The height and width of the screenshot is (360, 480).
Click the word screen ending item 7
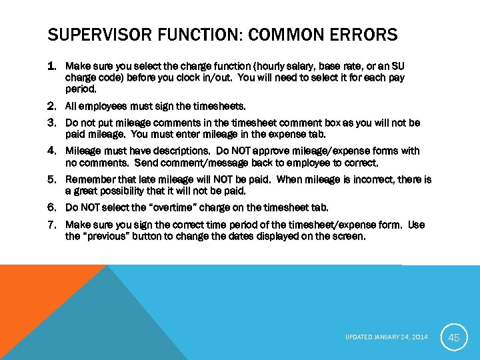[x=349, y=237]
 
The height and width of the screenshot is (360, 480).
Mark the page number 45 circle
[x=454, y=337]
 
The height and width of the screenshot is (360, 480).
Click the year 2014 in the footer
[x=420, y=338]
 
